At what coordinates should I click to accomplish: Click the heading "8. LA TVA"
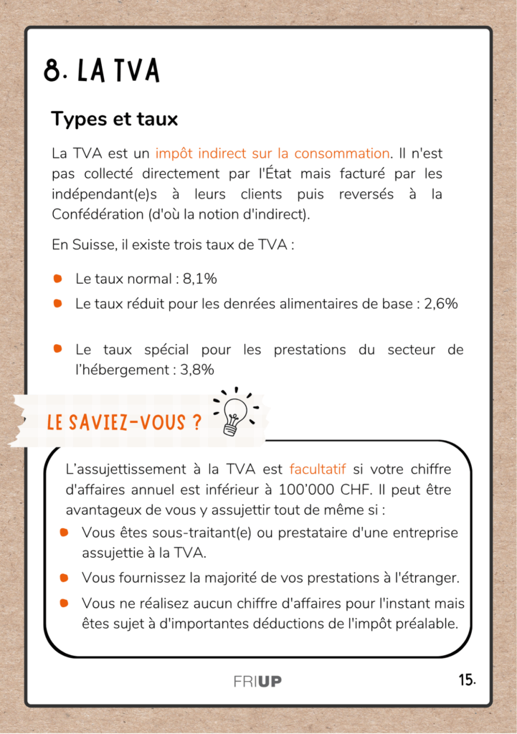click(x=101, y=71)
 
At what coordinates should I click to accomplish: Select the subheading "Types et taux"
click(x=114, y=119)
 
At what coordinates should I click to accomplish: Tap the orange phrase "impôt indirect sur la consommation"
click(x=272, y=153)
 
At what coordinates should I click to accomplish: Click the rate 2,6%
click(x=441, y=303)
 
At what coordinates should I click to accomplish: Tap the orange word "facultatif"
click(x=318, y=470)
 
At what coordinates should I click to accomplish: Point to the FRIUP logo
click(x=257, y=681)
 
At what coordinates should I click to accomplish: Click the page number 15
click(x=467, y=680)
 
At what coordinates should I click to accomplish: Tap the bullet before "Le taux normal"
click(x=58, y=278)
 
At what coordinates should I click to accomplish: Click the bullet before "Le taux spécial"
click(x=58, y=349)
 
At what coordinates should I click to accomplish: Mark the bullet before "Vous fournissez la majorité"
click(x=65, y=577)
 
